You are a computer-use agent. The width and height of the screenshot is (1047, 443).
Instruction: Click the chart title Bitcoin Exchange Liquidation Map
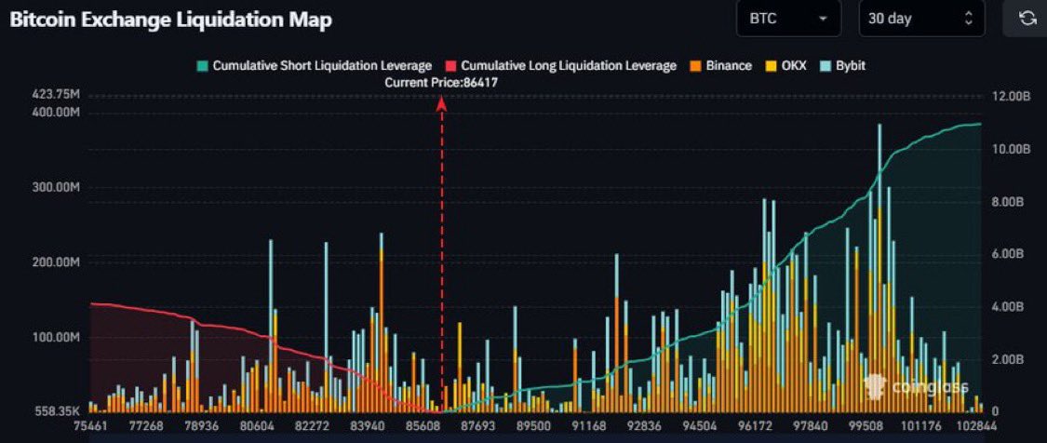170,20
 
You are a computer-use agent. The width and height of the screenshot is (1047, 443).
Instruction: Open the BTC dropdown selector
787,19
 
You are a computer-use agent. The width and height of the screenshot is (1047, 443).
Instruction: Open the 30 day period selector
919,19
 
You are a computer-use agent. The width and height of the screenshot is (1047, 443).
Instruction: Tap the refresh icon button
1027,19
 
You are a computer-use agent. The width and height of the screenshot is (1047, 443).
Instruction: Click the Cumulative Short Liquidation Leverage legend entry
314,66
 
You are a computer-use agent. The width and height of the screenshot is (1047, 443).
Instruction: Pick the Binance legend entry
720,66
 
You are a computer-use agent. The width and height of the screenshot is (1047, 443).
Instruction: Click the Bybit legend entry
843,66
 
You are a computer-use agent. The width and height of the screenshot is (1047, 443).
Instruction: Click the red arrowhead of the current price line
442,104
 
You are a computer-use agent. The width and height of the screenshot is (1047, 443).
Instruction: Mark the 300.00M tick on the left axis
55,187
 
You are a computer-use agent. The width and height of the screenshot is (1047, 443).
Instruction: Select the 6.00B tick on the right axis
1006,254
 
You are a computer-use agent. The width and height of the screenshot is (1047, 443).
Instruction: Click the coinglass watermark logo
916,386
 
